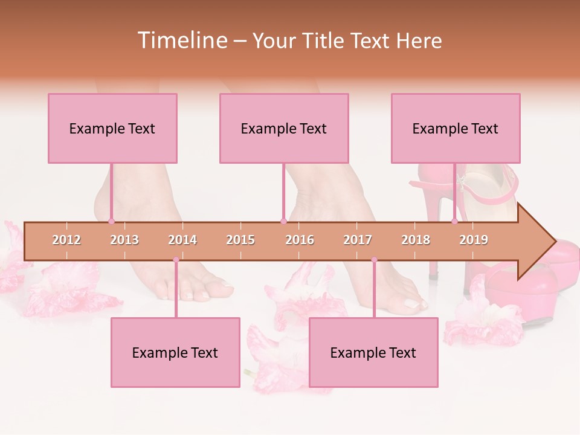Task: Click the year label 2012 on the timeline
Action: [66, 240]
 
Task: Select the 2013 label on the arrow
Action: [124, 240]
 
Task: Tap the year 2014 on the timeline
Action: [182, 240]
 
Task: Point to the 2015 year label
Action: [240, 240]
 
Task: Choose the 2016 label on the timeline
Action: [300, 240]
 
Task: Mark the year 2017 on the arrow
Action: [358, 240]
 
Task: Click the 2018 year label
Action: [416, 240]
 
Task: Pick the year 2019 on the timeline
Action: [474, 240]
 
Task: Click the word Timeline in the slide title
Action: [181, 40]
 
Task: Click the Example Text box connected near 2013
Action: [112, 128]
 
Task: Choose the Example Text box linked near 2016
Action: [284, 128]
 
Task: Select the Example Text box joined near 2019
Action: [456, 128]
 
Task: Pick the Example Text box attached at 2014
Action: [175, 352]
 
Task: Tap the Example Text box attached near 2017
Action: [373, 352]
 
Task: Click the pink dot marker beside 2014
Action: [176, 260]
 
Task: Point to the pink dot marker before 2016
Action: [283, 222]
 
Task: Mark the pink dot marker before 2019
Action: [455, 222]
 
